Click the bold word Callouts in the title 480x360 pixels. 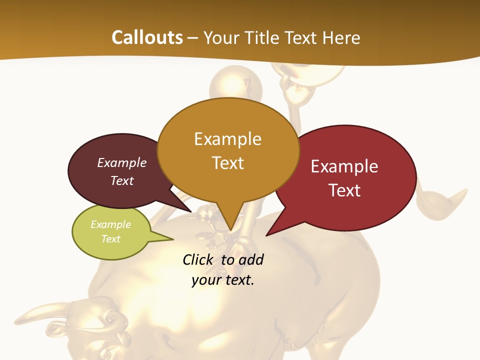click(147, 37)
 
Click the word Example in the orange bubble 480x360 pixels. click(227, 138)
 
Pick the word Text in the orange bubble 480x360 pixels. click(227, 162)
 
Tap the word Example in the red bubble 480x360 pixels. click(344, 166)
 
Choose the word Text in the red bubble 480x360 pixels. click(344, 190)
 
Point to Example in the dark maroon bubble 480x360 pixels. click(121, 162)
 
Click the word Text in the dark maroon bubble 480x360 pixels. click(121, 180)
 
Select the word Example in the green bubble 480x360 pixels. click(110, 224)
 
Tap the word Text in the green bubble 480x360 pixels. click(110, 239)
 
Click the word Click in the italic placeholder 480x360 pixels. click(197, 259)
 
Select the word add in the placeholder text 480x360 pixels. click(251, 259)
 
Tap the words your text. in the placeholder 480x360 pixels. click(223, 280)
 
